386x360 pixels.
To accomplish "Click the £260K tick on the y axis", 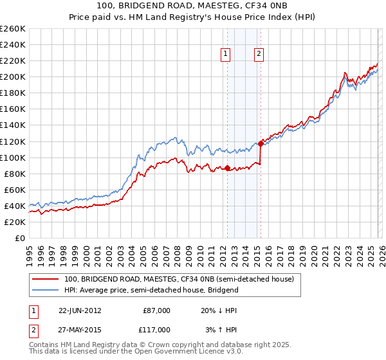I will coord(13,29).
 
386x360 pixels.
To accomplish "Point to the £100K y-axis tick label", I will coord(13,157).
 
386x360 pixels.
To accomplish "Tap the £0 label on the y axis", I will coord(20,238).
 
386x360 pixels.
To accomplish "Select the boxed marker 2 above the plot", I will coord(259,55).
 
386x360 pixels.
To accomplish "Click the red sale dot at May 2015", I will coord(261,143).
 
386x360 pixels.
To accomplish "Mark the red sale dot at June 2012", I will coord(227,168).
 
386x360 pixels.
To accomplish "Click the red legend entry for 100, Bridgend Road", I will coord(179,280).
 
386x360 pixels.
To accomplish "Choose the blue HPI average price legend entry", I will coord(151,290).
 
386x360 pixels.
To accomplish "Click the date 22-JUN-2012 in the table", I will coord(80,310).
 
